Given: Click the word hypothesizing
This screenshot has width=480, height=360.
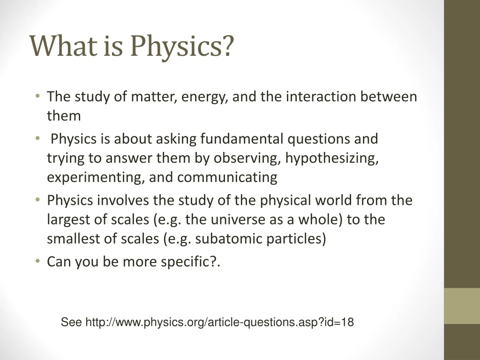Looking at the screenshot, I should [332, 158].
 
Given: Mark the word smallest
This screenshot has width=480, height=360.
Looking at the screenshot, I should [71, 239].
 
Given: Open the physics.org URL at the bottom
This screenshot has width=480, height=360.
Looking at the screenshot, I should [219, 322].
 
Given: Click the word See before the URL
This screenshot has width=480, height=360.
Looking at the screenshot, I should [72, 322].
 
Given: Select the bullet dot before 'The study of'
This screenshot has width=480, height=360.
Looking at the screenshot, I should [37, 97].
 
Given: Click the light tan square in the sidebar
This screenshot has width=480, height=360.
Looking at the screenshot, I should [462, 305].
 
